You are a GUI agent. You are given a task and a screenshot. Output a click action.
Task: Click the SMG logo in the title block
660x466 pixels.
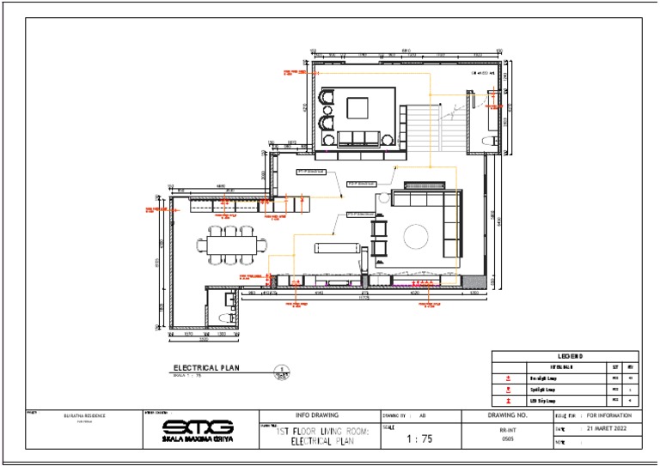198,426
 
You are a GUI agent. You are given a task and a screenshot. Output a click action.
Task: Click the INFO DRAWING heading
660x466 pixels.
316,415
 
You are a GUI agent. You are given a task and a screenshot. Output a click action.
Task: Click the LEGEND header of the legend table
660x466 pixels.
565,356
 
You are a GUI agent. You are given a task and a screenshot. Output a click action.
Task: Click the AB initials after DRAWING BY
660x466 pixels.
422,415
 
